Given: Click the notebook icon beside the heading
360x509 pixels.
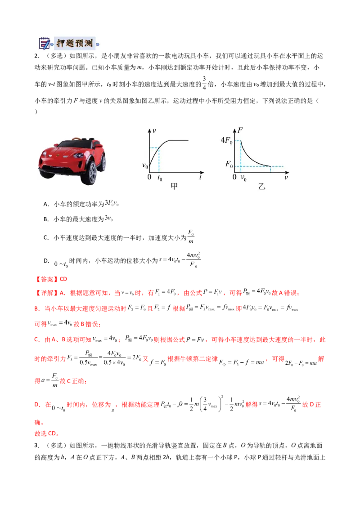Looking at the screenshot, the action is pos(44,43).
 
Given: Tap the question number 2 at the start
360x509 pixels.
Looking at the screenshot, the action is pos(37,56).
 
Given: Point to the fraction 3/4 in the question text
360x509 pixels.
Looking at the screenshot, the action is pos(204,83).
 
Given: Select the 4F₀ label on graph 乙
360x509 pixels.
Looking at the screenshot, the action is pos(226,140).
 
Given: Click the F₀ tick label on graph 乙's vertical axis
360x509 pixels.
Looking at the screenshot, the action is pos(229,164).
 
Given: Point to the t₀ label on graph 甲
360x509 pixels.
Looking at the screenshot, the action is pos(160,178).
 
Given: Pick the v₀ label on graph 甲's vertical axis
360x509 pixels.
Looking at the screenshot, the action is pos(144,166).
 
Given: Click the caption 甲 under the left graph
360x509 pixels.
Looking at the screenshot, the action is pos(174,186).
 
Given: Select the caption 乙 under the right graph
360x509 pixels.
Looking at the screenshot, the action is pos(261,186).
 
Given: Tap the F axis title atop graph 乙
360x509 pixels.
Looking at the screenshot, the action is pos(240,130).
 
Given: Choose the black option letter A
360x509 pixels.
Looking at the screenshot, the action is pos(46,204).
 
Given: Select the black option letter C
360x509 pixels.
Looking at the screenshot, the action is pos(46,237).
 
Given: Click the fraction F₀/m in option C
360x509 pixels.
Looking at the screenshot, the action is pos(191,237).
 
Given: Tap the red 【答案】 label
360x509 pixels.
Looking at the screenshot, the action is pos(46,279).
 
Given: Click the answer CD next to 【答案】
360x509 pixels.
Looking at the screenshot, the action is pos(63,279).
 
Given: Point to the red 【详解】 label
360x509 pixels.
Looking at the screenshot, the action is pos(46,293).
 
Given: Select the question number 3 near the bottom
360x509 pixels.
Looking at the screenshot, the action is pos(37,445).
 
